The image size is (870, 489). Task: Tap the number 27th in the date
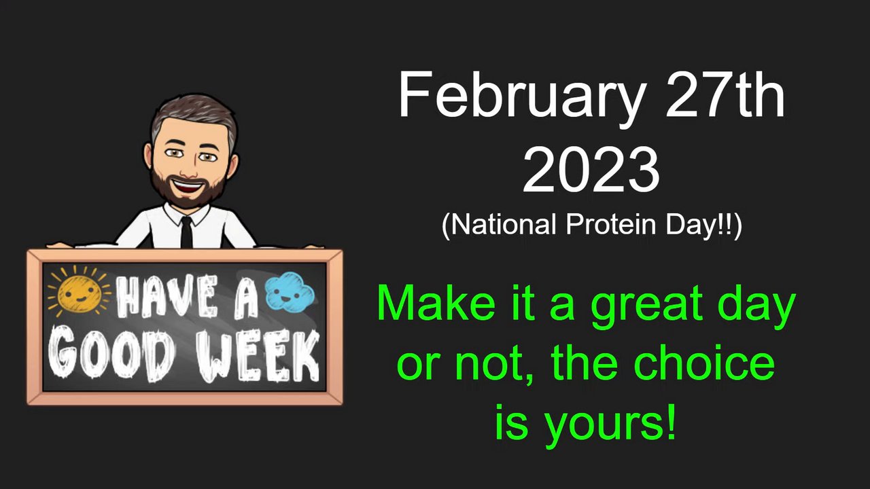tap(725, 94)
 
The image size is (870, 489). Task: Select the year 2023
tap(591, 170)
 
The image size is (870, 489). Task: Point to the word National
tap(504, 224)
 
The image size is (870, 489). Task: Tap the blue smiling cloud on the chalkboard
tap(290, 291)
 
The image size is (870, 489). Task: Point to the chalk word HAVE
tap(167, 296)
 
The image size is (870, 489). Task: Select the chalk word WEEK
tap(258, 355)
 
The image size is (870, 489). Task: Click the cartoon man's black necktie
tap(186, 232)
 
